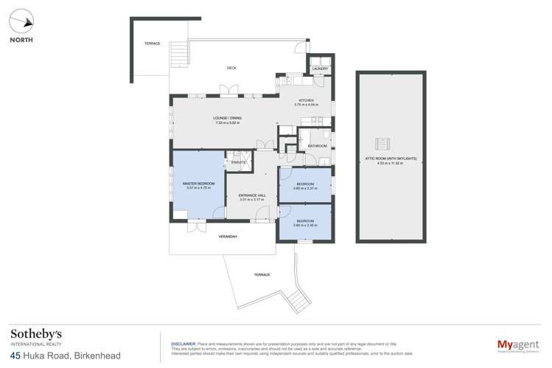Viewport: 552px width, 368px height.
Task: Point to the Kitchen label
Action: pyautogui.click(x=306, y=100)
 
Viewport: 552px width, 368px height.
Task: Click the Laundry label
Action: pyautogui.click(x=320, y=69)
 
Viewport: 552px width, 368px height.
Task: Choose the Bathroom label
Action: pyautogui.click(x=318, y=146)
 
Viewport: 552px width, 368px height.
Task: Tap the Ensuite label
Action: pyautogui.click(x=238, y=162)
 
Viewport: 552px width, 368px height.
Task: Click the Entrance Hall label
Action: pyautogui.click(x=252, y=195)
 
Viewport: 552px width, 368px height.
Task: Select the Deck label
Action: pyautogui.click(x=231, y=68)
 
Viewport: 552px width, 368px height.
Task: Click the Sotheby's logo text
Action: pyautogui.click(x=36, y=334)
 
